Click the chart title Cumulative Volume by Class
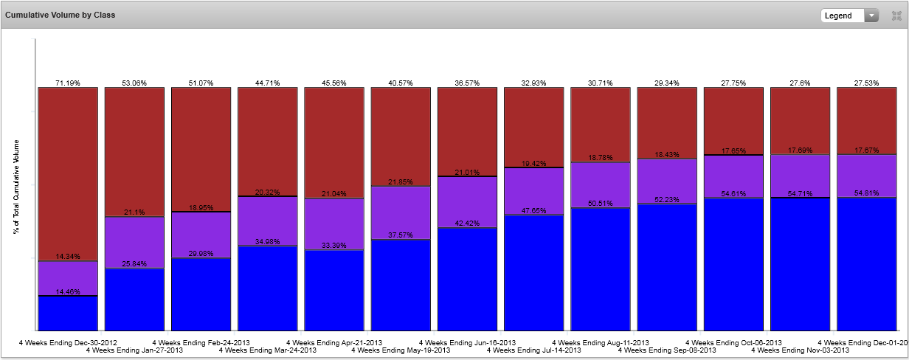click(60, 15)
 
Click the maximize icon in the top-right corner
click(896, 15)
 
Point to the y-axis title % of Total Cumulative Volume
click(16, 186)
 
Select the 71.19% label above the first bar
click(68, 83)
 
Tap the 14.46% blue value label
click(68, 292)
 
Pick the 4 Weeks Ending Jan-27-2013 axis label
click(134, 350)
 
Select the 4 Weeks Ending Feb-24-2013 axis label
click(201, 343)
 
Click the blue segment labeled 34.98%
click(267, 288)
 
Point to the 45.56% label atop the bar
click(334, 83)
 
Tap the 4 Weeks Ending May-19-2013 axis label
click(401, 350)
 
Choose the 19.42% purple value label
click(533, 163)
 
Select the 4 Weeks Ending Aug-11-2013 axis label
click(601, 343)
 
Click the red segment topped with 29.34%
click(667, 122)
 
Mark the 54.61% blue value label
click(733, 194)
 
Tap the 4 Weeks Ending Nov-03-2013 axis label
click(800, 350)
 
